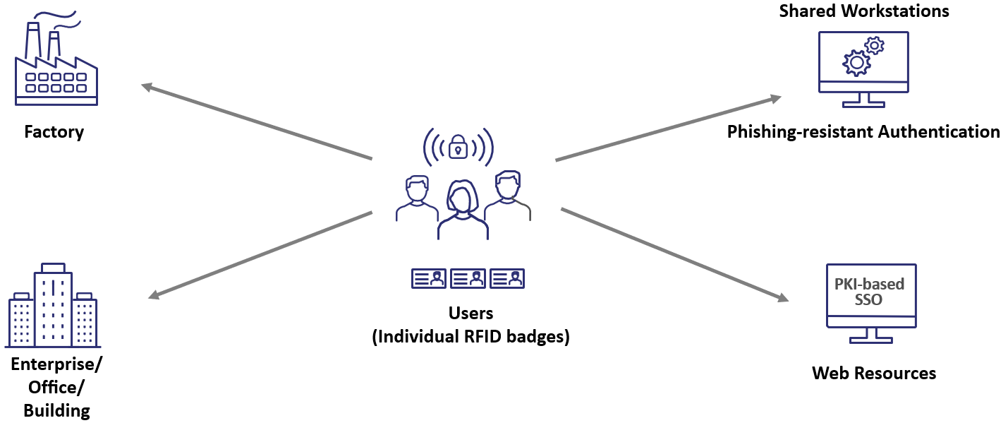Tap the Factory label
pyautogui.click(x=54, y=132)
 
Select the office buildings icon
pyautogui.click(x=53, y=306)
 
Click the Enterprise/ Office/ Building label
pyautogui.click(x=56, y=387)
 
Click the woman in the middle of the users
pyautogui.click(x=462, y=209)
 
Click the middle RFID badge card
pyautogui.click(x=468, y=278)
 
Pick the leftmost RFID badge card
pyautogui.click(x=428, y=278)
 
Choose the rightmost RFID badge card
pyautogui.click(x=507, y=278)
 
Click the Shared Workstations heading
pyautogui.click(x=863, y=11)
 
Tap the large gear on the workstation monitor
pyautogui.click(x=856, y=63)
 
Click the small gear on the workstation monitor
pyautogui.click(x=875, y=46)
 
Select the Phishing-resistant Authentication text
pyautogui.click(x=863, y=131)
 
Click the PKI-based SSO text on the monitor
pyautogui.click(x=869, y=292)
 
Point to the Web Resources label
pyautogui.click(x=874, y=373)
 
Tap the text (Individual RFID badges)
pyautogui.click(x=470, y=337)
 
